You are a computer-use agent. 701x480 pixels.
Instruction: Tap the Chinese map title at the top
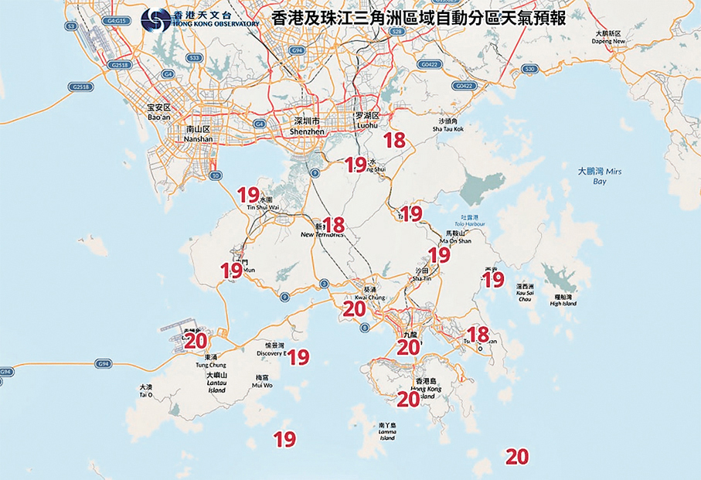coord(419,19)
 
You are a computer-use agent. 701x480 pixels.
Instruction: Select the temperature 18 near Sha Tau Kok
coord(394,140)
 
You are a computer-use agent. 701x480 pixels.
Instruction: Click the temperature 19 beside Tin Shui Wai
coord(247,194)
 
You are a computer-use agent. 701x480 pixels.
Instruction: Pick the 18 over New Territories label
coord(333,225)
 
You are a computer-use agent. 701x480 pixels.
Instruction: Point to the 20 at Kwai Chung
coord(353,309)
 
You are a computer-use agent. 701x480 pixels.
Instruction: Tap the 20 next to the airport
coord(196,340)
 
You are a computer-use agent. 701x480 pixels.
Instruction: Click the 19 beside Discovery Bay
coord(298,356)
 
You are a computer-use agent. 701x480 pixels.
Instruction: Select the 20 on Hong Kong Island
coord(407,399)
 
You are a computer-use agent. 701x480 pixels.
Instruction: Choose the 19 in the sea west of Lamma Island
coord(284,439)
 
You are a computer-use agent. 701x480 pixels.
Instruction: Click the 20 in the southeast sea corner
coord(516,456)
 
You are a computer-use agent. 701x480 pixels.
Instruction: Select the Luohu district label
coord(367,119)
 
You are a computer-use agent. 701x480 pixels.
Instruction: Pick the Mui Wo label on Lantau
coord(263,380)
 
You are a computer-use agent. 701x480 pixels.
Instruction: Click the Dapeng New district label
coord(610,38)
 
